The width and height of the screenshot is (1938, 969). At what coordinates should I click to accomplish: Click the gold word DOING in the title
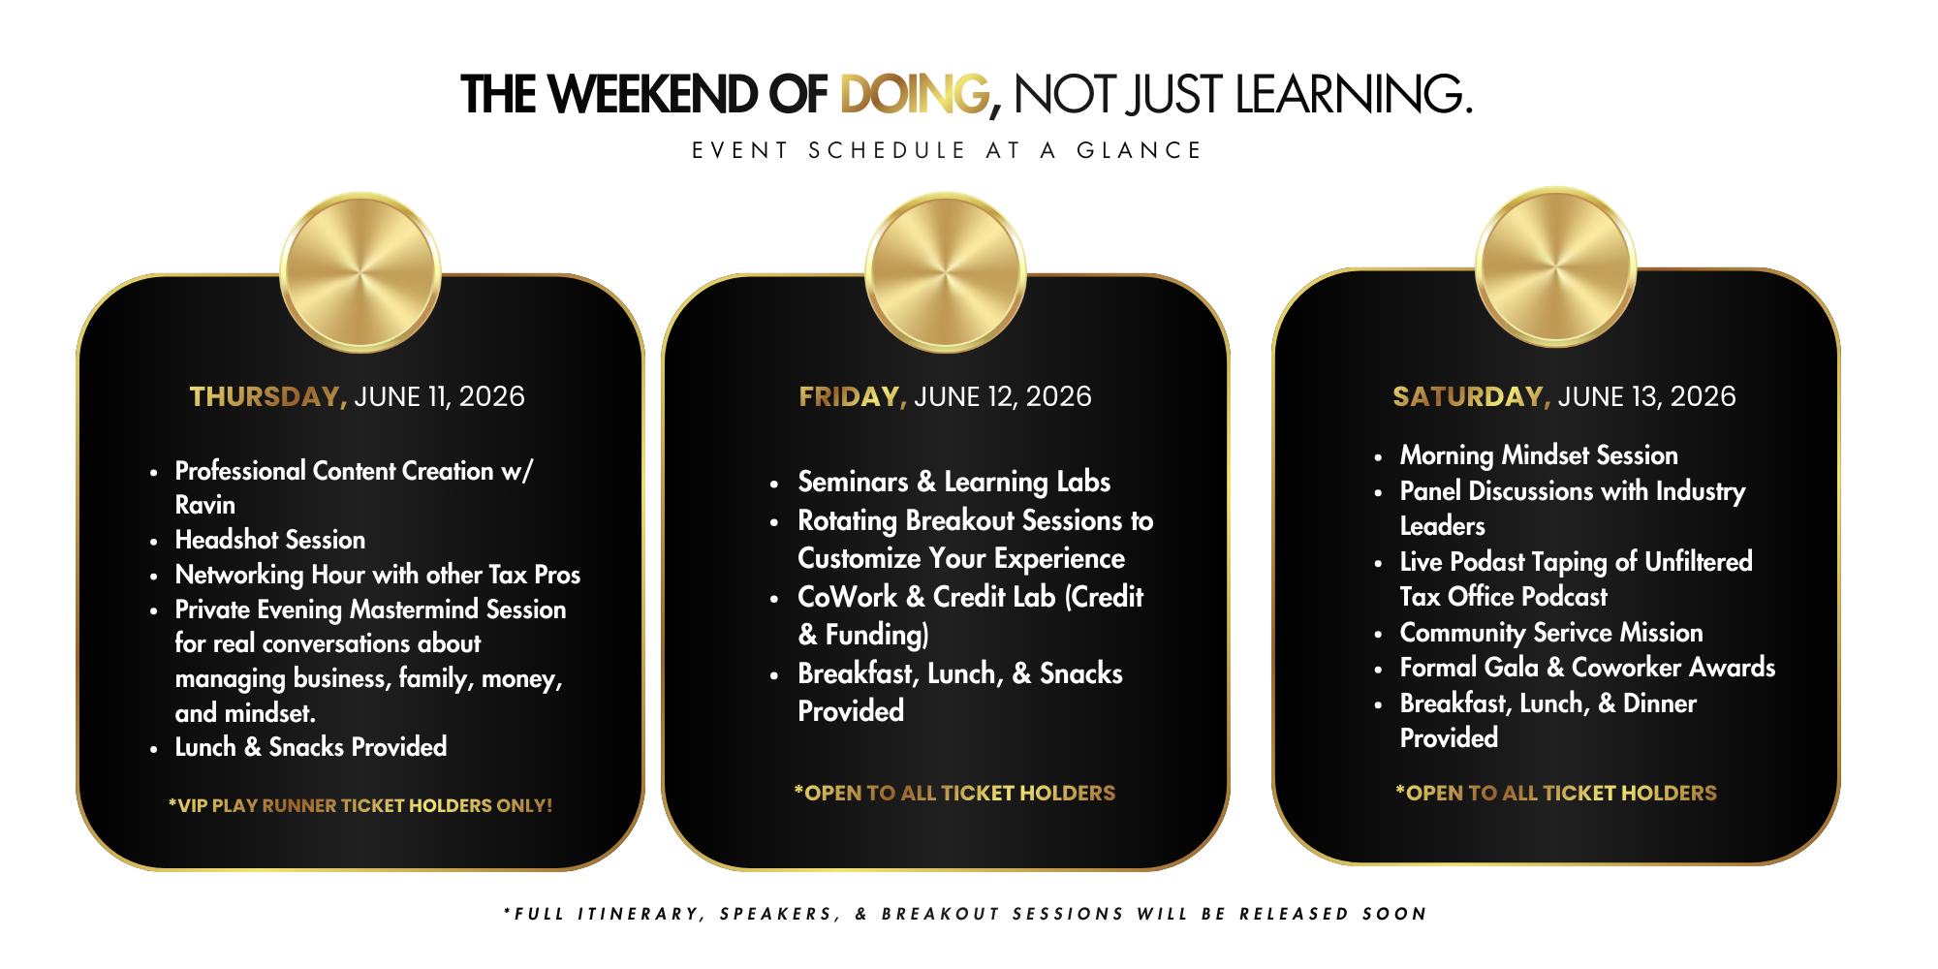pyautogui.click(x=915, y=95)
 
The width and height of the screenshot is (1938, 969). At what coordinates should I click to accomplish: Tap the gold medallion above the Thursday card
pyautogui.click(x=360, y=272)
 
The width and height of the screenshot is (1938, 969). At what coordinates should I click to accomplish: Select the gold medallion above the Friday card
pyautogui.click(x=946, y=272)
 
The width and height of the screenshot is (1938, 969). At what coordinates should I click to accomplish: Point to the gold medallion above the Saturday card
pyautogui.click(x=1556, y=266)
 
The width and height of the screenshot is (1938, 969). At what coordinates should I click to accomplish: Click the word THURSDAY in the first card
pyautogui.click(x=265, y=397)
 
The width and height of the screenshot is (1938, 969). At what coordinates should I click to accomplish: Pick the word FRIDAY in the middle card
pyautogui.click(x=850, y=397)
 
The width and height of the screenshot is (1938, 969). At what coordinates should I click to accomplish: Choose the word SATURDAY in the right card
pyautogui.click(x=1468, y=397)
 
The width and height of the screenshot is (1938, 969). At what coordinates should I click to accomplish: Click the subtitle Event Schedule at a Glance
pyautogui.click(x=948, y=150)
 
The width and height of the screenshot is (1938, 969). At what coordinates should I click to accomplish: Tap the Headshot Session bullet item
pyautogui.click(x=270, y=540)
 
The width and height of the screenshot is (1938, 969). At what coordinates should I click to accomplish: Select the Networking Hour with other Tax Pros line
pyautogui.click(x=378, y=575)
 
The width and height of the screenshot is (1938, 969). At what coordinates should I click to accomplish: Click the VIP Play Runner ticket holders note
pyautogui.click(x=360, y=805)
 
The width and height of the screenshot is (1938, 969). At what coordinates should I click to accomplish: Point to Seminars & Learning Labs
pyautogui.click(x=954, y=482)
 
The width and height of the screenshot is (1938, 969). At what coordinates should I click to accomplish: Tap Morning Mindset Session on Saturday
pyautogui.click(x=1539, y=455)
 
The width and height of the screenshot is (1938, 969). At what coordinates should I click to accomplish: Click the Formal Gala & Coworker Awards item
pyautogui.click(x=1587, y=668)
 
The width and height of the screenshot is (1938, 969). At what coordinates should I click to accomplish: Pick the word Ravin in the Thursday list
pyautogui.click(x=205, y=505)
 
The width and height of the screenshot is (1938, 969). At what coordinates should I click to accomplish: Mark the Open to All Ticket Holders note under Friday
pyautogui.click(x=954, y=793)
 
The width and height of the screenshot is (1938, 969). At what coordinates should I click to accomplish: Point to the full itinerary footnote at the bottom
pyautogui.click(x=965, y=914)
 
